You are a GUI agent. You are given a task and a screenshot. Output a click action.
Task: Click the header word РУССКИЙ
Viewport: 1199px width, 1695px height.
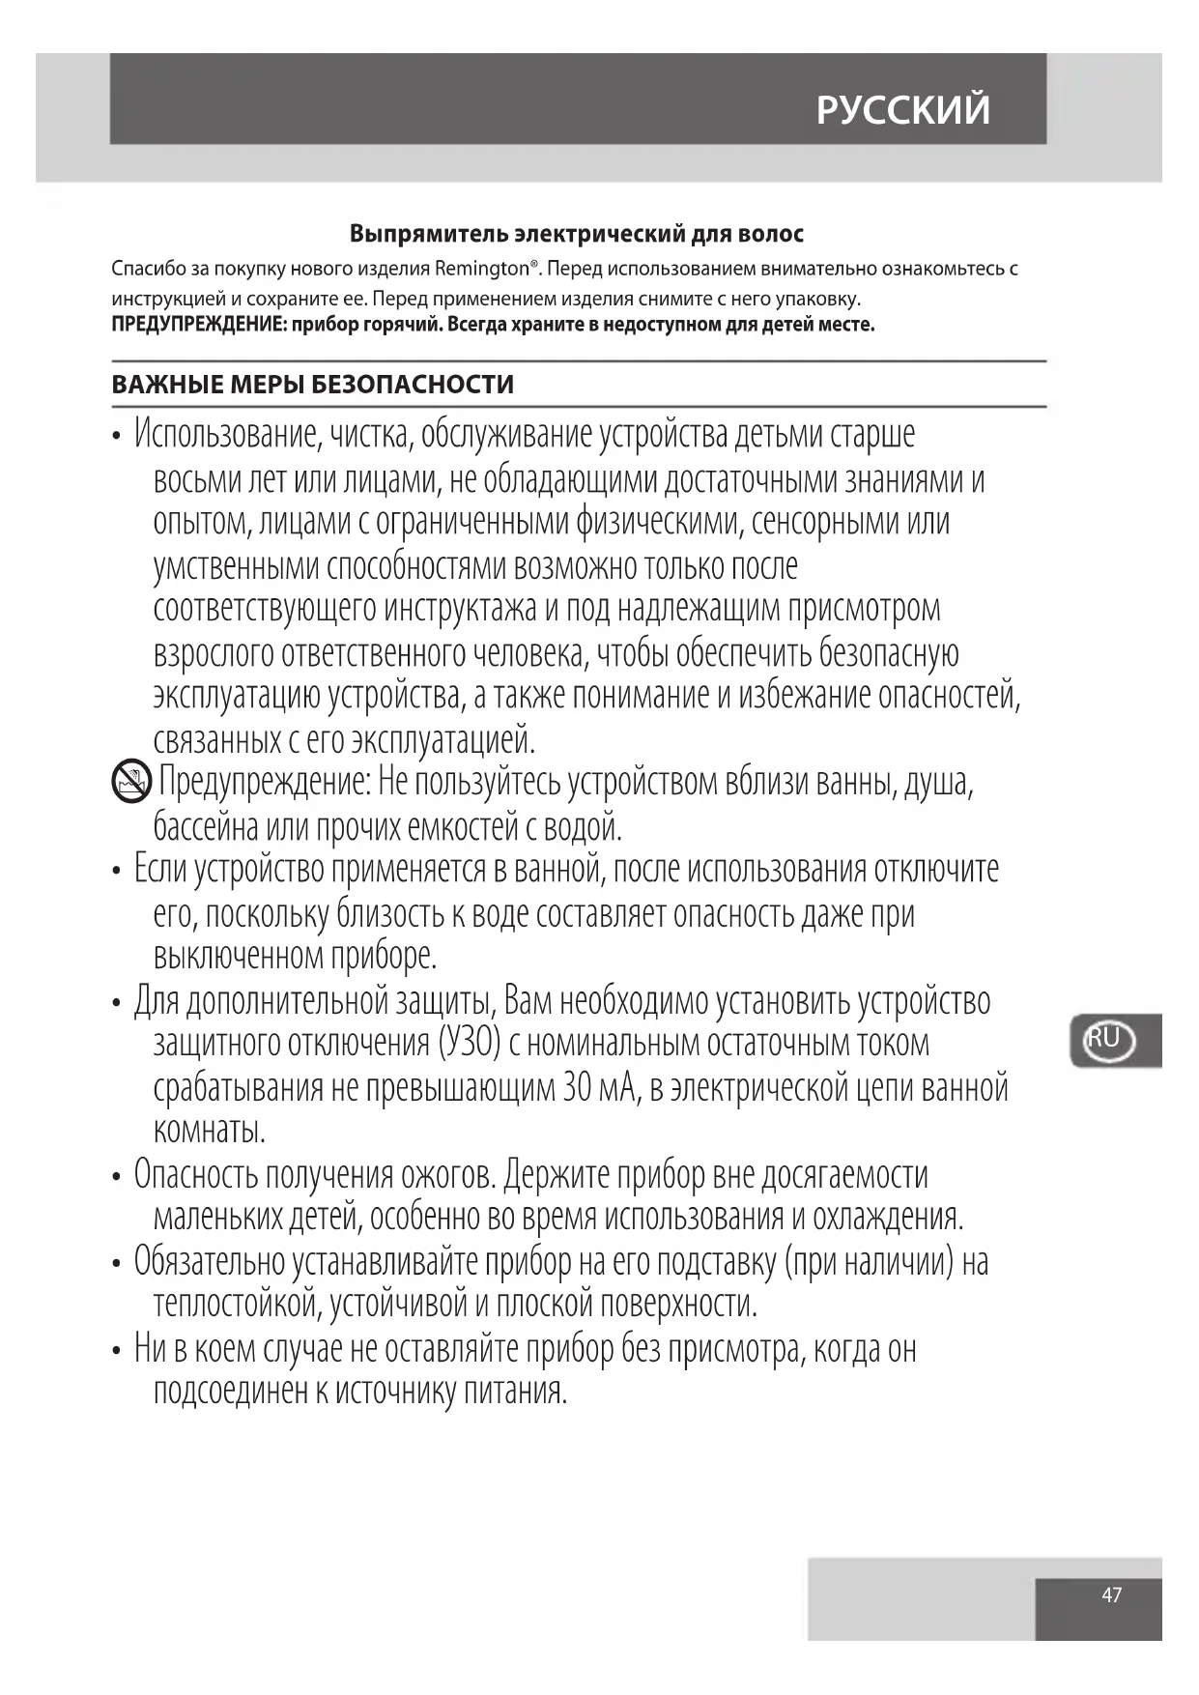pos(902,109)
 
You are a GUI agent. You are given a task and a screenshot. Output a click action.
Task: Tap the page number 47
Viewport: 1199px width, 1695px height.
pos(1111,1595)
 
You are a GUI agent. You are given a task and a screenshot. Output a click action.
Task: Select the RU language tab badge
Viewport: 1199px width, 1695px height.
pos(1106,1040)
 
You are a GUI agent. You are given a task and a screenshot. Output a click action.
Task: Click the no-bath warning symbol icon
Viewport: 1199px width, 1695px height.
pos(131,781)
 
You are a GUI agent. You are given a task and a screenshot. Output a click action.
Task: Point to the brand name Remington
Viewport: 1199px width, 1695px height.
pos(485,268)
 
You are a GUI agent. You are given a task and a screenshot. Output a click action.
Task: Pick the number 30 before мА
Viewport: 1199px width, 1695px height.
pos(576,1088)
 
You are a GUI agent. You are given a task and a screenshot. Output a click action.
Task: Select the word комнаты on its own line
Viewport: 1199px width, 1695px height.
pos(209,1130)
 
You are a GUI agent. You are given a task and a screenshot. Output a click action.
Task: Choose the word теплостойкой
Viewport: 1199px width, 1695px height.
pos(237,1305)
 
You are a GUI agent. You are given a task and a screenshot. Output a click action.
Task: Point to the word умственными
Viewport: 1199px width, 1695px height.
pos(236,566)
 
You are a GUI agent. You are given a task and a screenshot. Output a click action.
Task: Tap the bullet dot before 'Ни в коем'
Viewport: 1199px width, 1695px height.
pos(117,1350)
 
